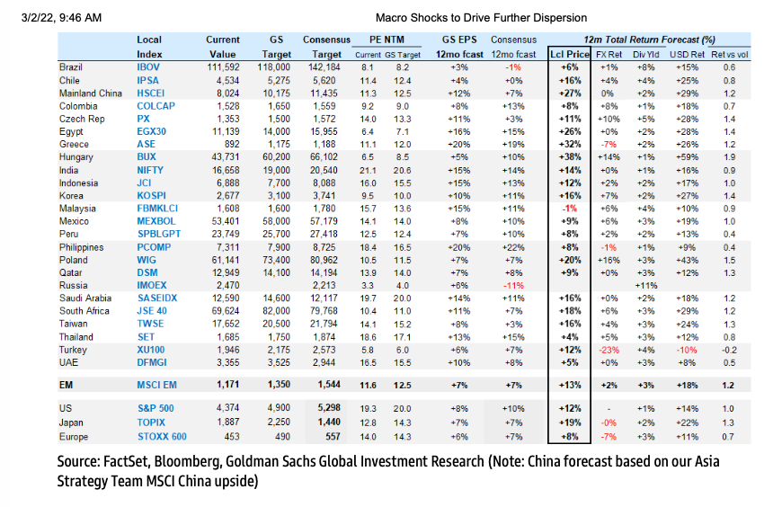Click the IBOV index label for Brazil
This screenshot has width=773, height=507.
coord(148,67)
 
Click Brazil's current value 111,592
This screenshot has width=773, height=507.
coord(222,67)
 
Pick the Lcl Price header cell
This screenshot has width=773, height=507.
coord(569,54)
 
